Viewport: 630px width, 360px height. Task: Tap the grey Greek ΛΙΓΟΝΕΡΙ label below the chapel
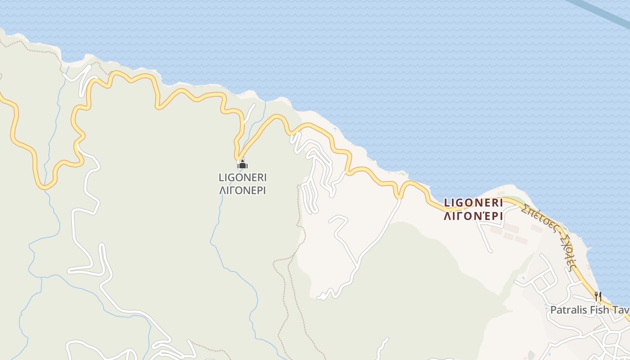(242, 190)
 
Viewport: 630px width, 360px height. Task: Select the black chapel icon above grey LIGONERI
(242, 164)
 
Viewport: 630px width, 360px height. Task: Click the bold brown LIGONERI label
(473, 203)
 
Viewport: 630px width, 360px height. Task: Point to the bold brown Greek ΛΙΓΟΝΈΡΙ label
(473, 216)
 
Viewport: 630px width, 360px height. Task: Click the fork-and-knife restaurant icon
(598, 296)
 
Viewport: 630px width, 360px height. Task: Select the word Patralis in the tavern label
(568, 310)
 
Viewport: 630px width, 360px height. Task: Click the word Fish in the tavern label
(598, 310)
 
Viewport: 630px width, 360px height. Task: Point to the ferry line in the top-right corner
(603, 13)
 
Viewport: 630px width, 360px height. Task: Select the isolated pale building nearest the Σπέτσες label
(536, 228)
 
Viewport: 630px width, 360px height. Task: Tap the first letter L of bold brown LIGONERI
(447, 203)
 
